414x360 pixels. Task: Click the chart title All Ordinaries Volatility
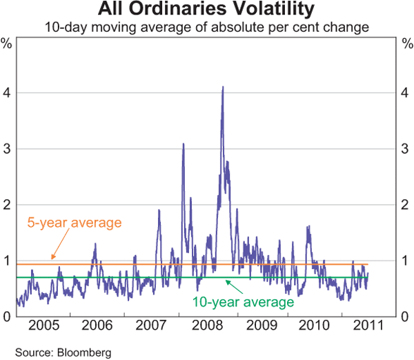[207, 10]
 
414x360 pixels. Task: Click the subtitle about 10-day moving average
[207, 28]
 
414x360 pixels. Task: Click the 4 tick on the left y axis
[6, 93]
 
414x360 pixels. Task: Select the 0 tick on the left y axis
[6, 317]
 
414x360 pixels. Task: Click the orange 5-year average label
[75, 223]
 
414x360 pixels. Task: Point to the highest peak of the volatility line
[222, 87]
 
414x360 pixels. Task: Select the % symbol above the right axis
[406, 45]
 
